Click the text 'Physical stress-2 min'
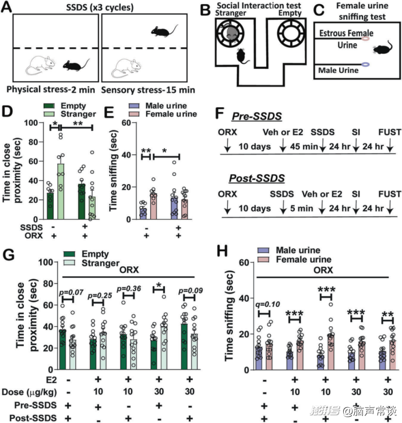(51, 91)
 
